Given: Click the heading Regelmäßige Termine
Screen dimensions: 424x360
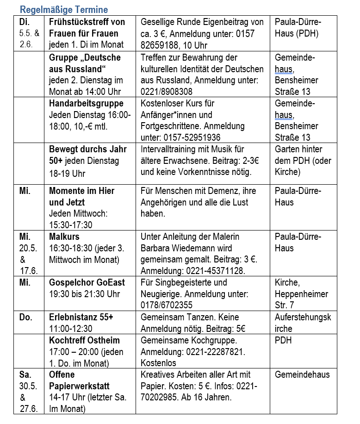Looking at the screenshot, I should pos(63,9).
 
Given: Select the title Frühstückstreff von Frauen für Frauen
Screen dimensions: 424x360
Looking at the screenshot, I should pos(87,28).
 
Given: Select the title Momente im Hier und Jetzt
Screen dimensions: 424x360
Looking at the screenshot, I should pos(81,196).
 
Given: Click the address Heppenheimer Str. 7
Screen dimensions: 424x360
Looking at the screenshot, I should pos(301,299).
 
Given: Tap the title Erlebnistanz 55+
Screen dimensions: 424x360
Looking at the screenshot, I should pos(81,317).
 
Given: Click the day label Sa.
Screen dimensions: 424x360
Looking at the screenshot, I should pos(25,374).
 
